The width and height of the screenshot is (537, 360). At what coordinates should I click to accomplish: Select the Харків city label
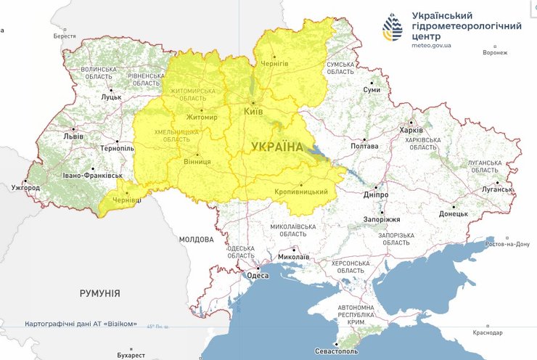click(x=411, y=130)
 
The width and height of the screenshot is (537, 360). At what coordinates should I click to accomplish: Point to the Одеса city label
click(x=258, y=275)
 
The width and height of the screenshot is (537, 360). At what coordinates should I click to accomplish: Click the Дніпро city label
click(x=376, y=195)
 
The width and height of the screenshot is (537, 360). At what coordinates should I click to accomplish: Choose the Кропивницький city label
click(x=301, y=192)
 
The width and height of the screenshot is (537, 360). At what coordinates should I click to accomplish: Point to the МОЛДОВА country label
click(x=196, y=239)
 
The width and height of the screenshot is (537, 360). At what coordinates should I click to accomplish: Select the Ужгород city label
click(x=26, y=188)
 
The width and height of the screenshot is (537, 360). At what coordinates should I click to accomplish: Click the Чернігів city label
click(x=274, y=63)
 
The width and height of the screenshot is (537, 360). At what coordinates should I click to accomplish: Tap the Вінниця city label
click(x=197, y=161)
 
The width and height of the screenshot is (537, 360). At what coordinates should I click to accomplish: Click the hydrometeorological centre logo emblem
click(x=395, y=27)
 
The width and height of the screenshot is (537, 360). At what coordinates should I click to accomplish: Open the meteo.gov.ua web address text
click(x=432, y=45)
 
